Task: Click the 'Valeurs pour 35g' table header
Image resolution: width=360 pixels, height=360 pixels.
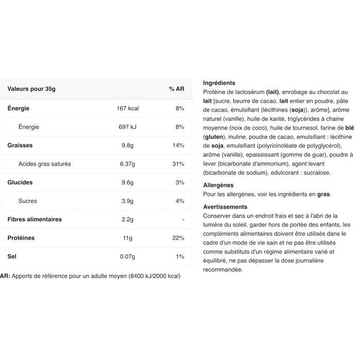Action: [x=31, y=89]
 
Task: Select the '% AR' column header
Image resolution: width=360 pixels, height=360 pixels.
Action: [x=176, y=89]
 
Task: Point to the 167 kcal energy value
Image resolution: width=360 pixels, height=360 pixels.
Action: [x=128, y=109]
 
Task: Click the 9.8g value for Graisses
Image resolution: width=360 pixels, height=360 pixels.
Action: [x=128, y=146]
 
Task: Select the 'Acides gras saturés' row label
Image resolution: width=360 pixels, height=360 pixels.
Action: [x=45, y=164]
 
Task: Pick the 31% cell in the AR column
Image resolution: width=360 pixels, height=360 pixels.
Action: [x=178, y=164]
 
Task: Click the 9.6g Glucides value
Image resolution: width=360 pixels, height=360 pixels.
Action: [x=128, y=183]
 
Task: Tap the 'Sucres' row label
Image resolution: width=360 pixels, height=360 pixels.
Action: [x=28, y=201]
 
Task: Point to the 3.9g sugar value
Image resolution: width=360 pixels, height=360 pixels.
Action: [x=128, y=201]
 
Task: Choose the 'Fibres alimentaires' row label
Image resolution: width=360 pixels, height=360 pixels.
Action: [x=34, y=220]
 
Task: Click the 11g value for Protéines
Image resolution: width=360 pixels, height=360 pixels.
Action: [x=128, y=238]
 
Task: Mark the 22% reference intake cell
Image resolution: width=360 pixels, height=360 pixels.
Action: [x=178, y=238]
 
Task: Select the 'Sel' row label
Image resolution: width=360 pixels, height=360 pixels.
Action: [x=12, y=257]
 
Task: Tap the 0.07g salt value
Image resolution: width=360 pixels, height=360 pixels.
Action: [x=128, y=257]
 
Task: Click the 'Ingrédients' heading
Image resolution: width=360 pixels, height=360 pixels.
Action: [x=219, y=83]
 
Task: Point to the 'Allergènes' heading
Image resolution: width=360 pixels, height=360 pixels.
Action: [x=219, y=185]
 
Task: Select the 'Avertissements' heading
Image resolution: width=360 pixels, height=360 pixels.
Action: [x=225, y=207]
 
